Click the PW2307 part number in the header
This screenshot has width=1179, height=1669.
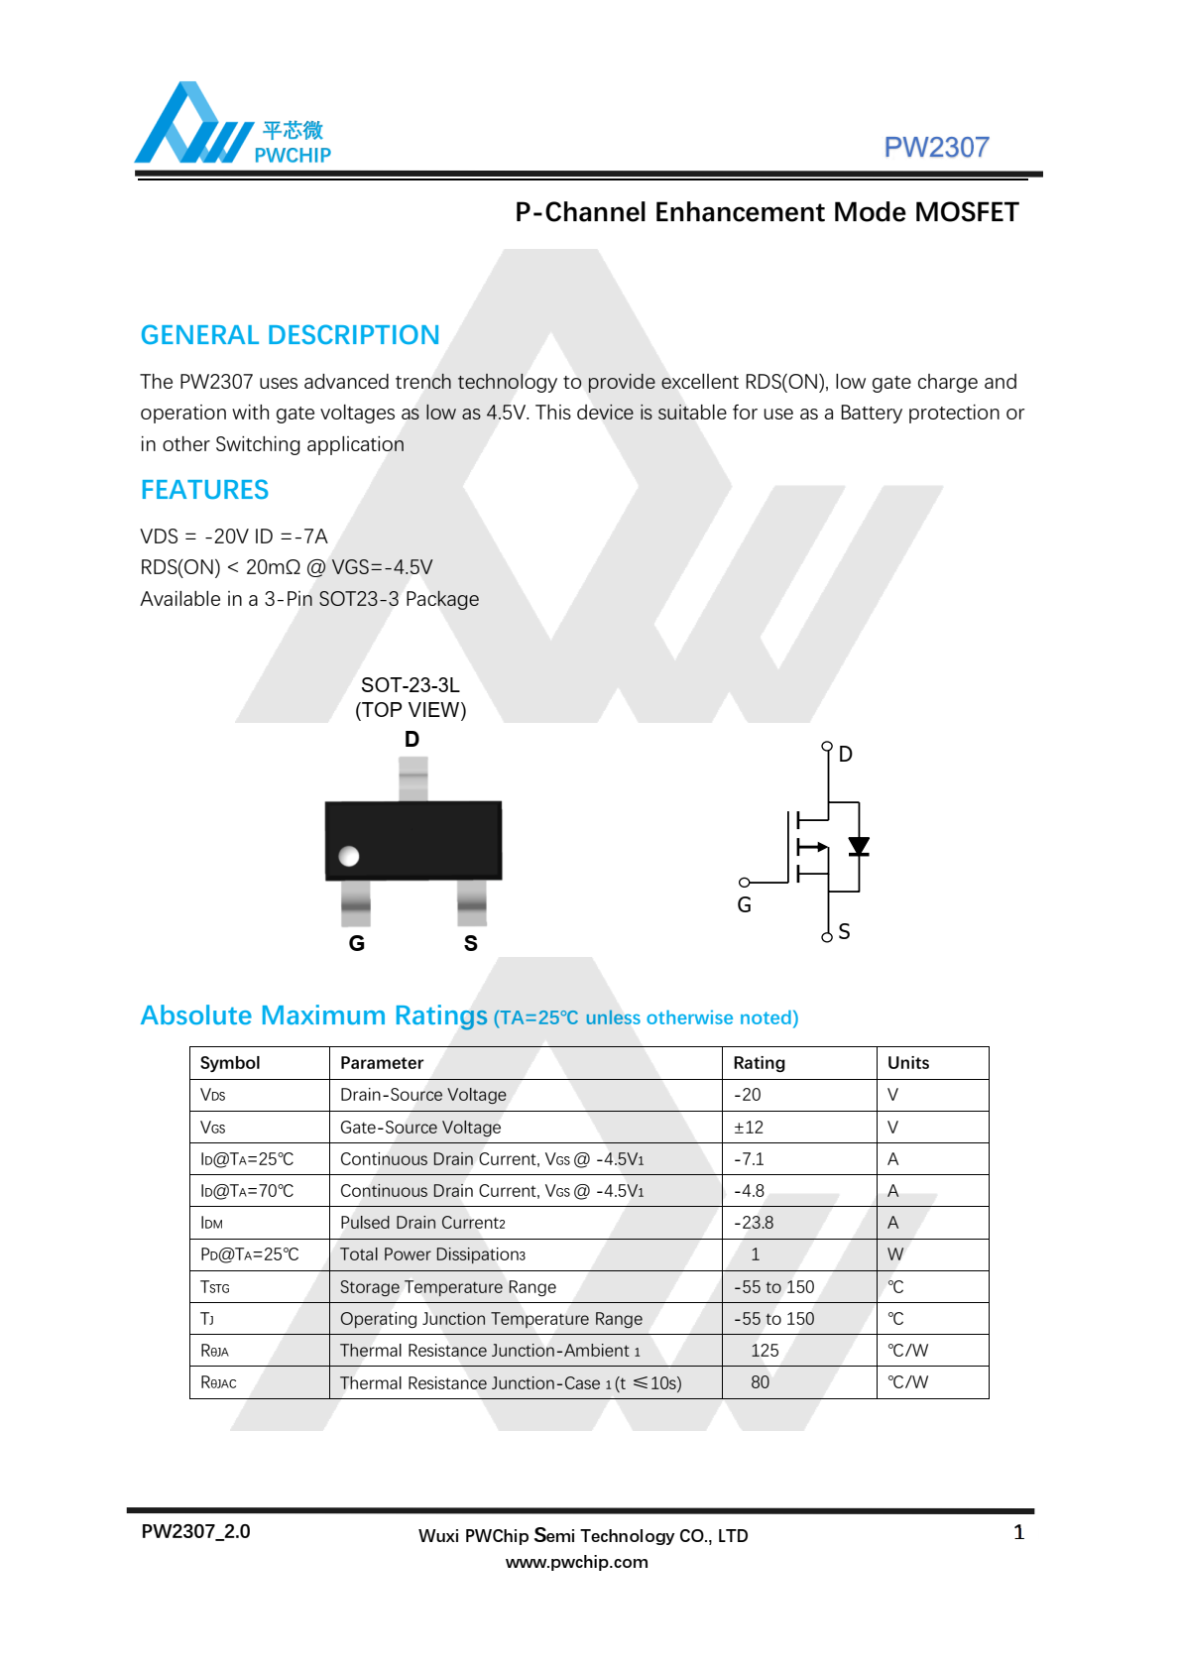(x=936, y=147)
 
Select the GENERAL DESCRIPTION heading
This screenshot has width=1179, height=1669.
(x=290, y=335)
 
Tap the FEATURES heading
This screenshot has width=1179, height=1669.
(x=204, y=490)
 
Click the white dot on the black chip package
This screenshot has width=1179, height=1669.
(x=349, y=856)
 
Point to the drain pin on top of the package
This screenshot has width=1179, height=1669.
(x=413, y=778)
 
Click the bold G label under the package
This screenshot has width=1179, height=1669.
(x=357, y=943)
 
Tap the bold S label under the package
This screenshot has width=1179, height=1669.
(x=471, y=943)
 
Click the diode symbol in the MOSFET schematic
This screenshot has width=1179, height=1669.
(x=859, y=846)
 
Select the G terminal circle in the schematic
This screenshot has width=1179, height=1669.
(x=744, y=882)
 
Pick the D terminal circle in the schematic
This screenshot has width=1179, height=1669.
(x=827, y=746)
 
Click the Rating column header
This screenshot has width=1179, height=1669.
(x=759, y=1063)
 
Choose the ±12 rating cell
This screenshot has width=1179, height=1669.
(x=749, y=1128)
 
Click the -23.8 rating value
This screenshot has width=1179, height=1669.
(x=754, y=1223)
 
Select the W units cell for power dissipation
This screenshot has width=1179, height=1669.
(x=895, y=1254)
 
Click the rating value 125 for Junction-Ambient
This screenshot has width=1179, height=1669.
(x=765, y=1351)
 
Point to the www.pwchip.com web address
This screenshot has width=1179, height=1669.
(x=577, y=1562)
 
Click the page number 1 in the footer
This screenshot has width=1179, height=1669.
(x=1018, y=1533)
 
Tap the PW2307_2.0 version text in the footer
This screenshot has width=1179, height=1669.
(x=195, y=1531)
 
